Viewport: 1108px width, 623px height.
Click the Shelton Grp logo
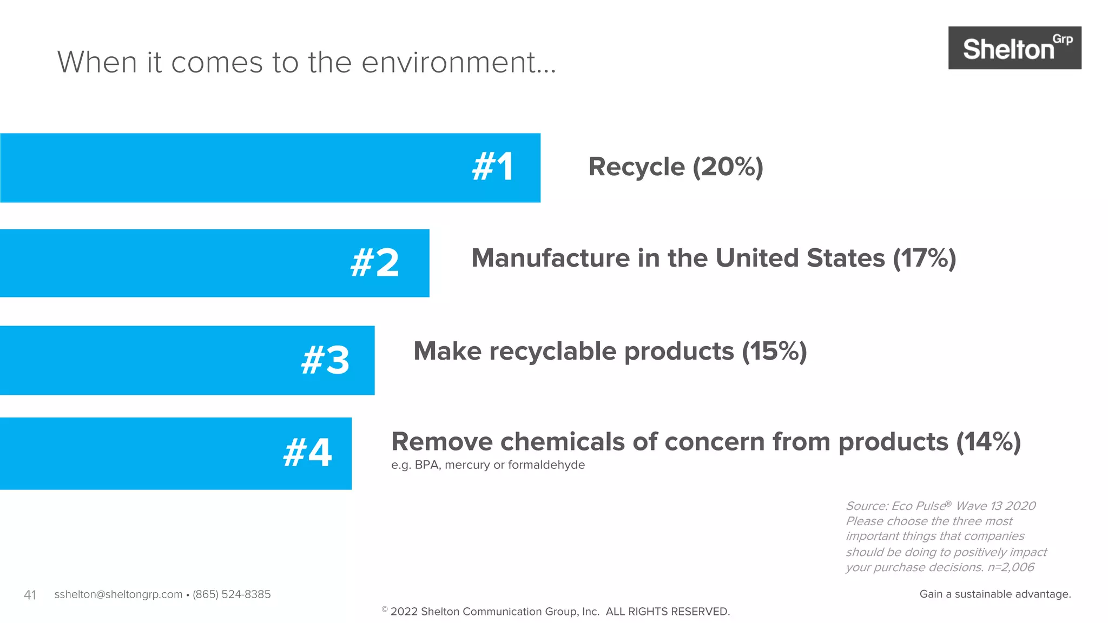click(x=1014, y=48)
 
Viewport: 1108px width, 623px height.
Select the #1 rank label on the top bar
click(x=492, y=167)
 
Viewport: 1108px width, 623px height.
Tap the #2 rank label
click(x=374, y=263)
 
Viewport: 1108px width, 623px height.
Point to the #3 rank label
click(x=325, y=360)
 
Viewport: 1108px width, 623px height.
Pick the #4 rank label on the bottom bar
click(x=307, y=453)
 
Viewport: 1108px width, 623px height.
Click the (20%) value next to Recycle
click(x=728, y=167)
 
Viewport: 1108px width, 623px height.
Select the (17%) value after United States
click(x=924, y=258)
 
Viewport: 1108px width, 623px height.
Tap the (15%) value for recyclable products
click(x=774, y=352)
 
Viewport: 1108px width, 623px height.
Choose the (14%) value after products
click(x=988, y=442)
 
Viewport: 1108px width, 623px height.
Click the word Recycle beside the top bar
click(x=636, y=167)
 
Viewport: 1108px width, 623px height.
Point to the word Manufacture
click(x=550, y=258)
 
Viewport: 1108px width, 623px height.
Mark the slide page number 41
click(x=30, y=595)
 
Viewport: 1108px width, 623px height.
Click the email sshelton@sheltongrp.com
click(x=118, y=594)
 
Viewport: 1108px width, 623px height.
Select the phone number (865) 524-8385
click(x=232, y=594)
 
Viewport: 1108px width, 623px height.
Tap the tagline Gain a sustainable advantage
click(x=995, y=594)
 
